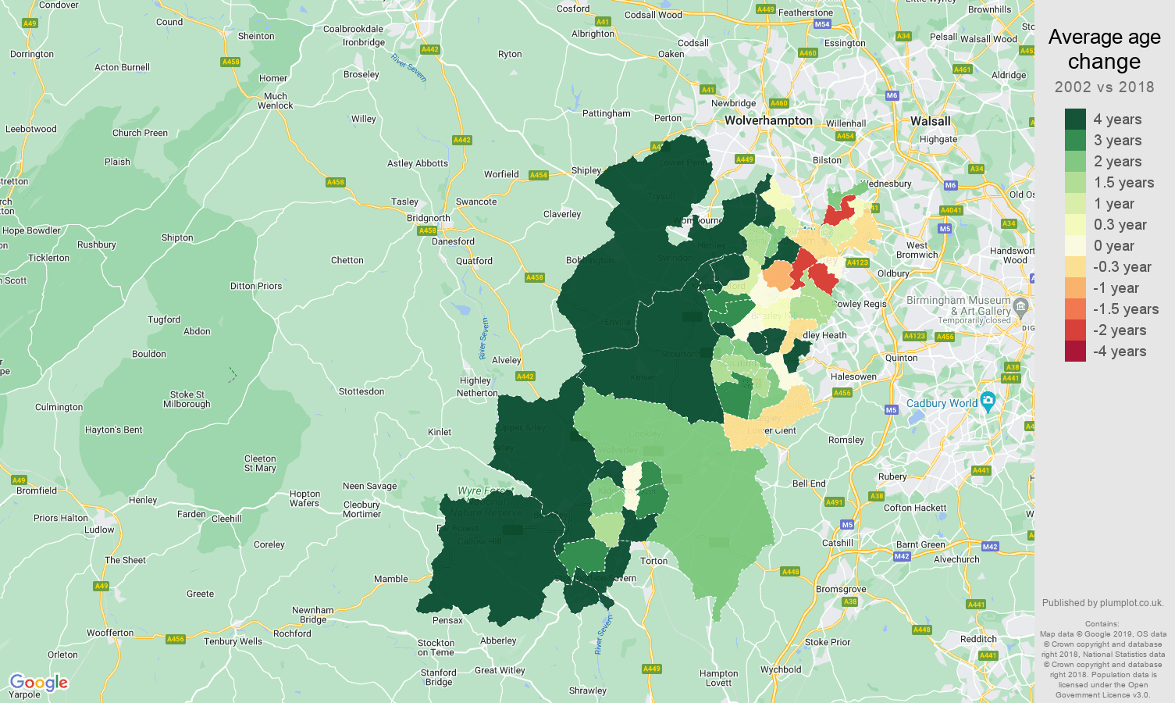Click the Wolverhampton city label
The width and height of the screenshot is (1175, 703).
click(x=768, y=120)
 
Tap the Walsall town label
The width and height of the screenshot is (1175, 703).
click(x=930, y=121)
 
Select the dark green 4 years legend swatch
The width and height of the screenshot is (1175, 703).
click(x=1075, y=119)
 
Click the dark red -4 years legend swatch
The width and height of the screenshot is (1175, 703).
click(x=1075, y=351)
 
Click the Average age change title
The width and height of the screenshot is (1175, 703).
click(x=1104, y=49)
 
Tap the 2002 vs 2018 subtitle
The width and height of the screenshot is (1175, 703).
click(x=1104, y=87)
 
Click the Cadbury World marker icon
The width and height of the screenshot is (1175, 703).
click(x=988, y=402)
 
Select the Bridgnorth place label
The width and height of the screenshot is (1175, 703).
click(x=428, y=219)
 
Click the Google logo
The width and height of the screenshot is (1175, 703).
click(x=38, y=683)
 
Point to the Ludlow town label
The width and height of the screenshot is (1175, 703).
click(x=99, y=530)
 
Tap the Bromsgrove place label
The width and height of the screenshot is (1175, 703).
click(x=840, y=589)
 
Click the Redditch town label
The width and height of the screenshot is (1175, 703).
click(x=978, y=639)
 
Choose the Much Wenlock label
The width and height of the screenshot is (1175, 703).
click(x=276, y=101)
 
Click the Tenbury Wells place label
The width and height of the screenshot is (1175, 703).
click(x=233, y=641)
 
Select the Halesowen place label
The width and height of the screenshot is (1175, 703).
click(x=853, y=376)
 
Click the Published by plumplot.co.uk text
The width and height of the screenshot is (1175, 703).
click(x=1102, y=603)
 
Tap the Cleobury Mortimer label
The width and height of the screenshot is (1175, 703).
click(x=361, y=509)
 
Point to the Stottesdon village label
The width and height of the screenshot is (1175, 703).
click(x=361, y=391)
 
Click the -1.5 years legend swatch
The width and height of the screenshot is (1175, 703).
click(x=1075, y=309)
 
